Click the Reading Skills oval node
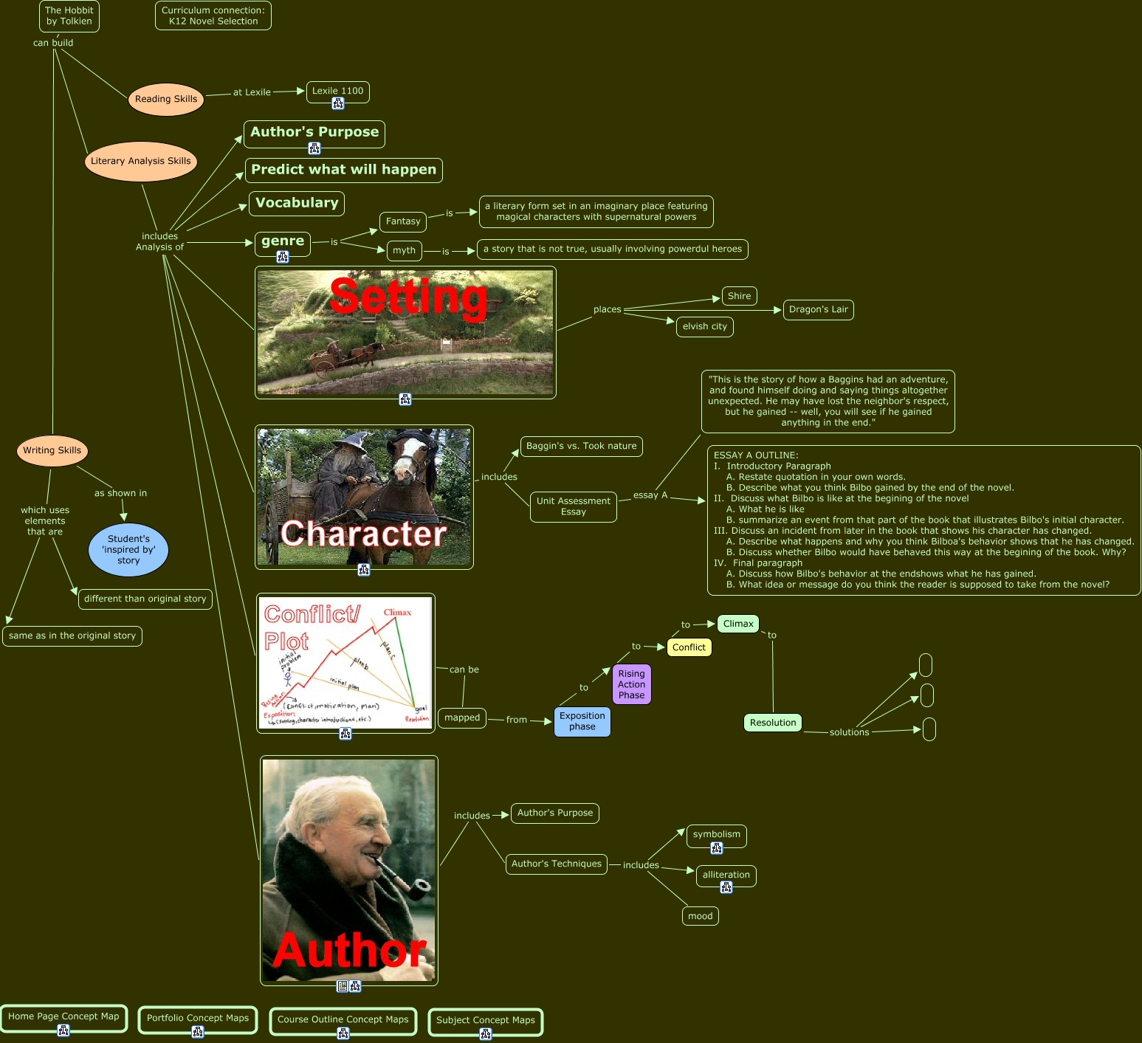166,99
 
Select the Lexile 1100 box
337,91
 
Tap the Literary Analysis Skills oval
140,161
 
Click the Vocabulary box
297,203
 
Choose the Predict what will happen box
343,170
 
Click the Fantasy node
403,221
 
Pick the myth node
404,250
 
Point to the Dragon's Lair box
818,309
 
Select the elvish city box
704,326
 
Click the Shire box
739,296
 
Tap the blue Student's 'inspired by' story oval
128,550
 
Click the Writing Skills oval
52,450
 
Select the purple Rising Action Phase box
631,684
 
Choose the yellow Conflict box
689,647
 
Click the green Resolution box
773,723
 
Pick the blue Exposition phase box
582,721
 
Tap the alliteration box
726,875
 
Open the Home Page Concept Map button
63,1016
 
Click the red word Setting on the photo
408,297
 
